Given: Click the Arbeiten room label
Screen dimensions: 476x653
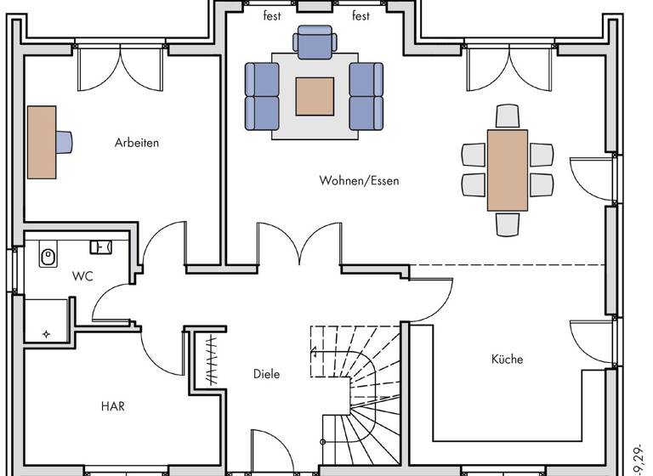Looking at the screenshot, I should point(137,143).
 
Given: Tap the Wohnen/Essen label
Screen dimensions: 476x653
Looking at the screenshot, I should point(359,180).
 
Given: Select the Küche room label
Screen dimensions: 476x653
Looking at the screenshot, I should point(507,359).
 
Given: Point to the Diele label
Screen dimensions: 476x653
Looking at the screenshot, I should point(266,374).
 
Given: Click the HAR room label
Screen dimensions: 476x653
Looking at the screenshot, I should point(112,406).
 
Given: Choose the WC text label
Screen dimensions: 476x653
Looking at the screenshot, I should point(82,276).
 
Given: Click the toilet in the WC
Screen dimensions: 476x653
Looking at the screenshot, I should point(48,253).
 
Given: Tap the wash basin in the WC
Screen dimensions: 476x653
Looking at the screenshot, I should point(100,246).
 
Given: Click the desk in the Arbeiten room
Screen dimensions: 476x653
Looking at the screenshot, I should point(41,142).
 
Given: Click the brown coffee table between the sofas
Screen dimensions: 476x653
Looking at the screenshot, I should point(314,96).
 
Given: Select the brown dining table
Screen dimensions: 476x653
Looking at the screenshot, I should point(508,169).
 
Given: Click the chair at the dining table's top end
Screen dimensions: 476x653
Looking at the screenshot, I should point(508,115).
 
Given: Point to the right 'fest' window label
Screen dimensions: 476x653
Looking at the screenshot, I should point(361,15).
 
